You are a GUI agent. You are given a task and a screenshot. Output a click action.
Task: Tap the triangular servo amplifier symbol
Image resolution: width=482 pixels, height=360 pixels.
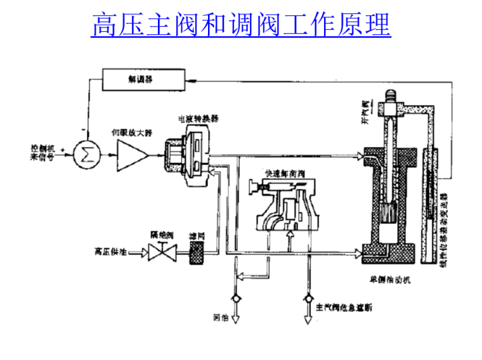[131, 154]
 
